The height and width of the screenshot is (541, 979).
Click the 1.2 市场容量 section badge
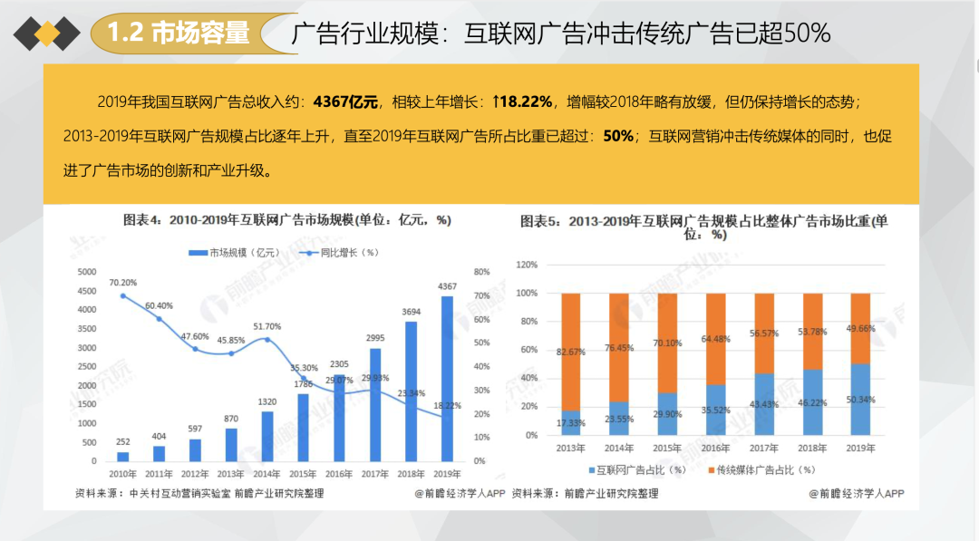coord(178,34)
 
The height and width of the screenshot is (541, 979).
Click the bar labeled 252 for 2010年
coord(122,457)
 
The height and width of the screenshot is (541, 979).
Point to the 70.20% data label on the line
coord(122,283)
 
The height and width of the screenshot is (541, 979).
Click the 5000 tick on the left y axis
coord(86,272)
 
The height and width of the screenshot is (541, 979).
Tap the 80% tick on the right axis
coord(481,272)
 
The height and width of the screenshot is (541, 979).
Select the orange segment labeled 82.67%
coord(570,352)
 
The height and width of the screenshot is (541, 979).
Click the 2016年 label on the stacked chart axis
coord(715,449)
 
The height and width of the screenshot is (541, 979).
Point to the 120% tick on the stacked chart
coord(526,265)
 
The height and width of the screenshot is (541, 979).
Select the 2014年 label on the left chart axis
coord(267,474)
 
